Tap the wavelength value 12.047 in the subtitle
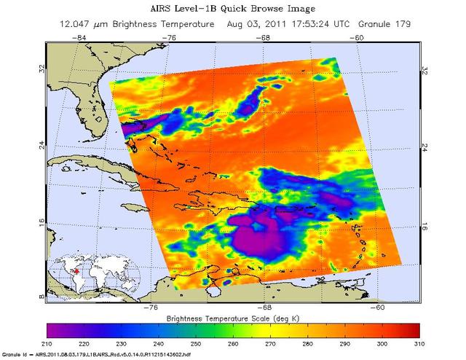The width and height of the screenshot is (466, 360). point(76,24)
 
